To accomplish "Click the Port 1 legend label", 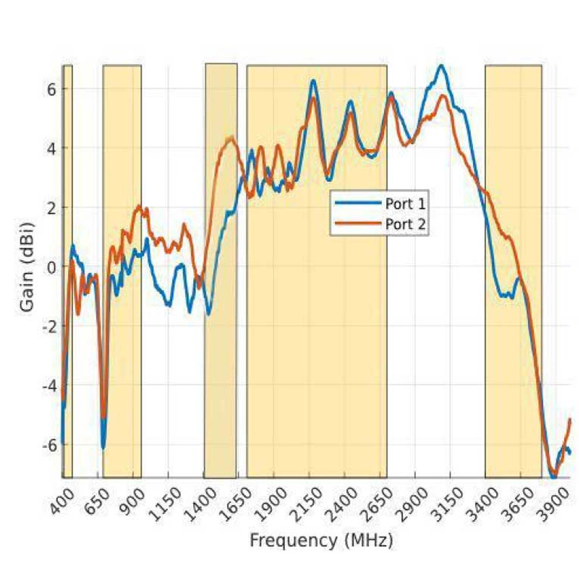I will (x=405, y=204).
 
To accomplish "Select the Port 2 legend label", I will (x=405, y=224).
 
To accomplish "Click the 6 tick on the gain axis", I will (x=52, y=88).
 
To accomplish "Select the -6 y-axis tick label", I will (x=49, y=445).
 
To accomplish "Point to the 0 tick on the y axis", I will (x=52, y=267).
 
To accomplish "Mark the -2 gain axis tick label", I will (x=49, y=326).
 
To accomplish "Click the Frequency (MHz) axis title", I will (x=321, y=540).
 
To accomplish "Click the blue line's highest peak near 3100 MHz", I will (x=441, y=66).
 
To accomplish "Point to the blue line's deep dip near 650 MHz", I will (x=103, y=447).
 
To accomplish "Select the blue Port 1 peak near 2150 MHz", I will (x=313, y=81).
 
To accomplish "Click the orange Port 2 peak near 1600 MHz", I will (x=231, y=138).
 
